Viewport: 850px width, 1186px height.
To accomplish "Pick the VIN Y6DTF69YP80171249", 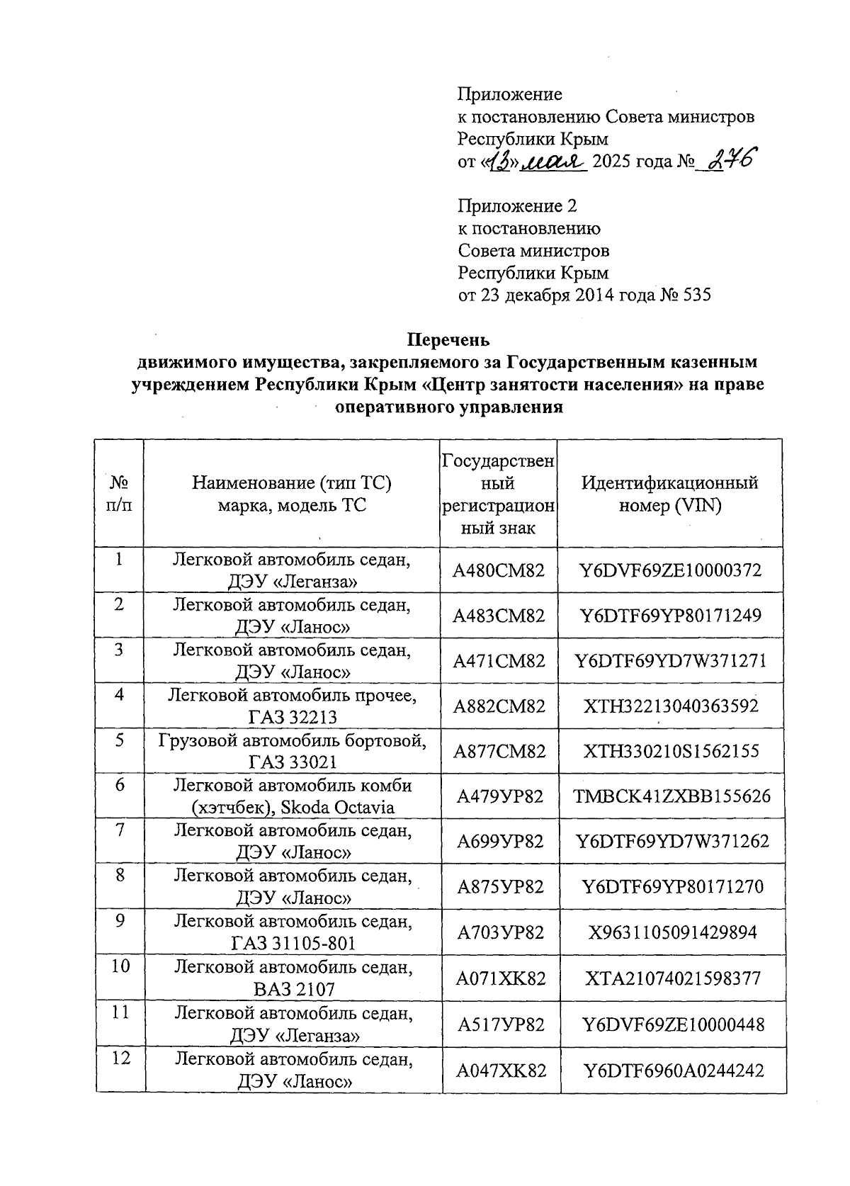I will click(671, 615).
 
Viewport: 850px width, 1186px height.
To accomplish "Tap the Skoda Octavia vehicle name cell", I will click(293, 796).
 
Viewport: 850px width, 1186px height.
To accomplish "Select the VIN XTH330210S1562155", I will click(671, 750).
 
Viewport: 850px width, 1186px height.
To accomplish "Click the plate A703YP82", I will click(500, 932).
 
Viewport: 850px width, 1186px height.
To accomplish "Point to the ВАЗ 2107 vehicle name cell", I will click(293, 978).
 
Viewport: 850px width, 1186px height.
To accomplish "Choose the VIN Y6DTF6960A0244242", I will click(672, 1070).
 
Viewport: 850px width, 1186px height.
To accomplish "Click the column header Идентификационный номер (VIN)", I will click(669, 495).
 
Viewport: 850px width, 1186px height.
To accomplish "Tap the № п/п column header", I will click(120, 495).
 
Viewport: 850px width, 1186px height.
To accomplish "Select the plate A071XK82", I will click(500, 978).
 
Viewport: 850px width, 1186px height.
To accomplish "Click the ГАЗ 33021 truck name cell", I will click(293, 751).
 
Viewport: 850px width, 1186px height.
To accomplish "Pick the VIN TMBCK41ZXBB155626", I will click(671, 796).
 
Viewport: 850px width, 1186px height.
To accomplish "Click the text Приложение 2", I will click(517, 205).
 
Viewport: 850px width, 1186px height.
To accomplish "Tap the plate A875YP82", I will click(500, 886).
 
